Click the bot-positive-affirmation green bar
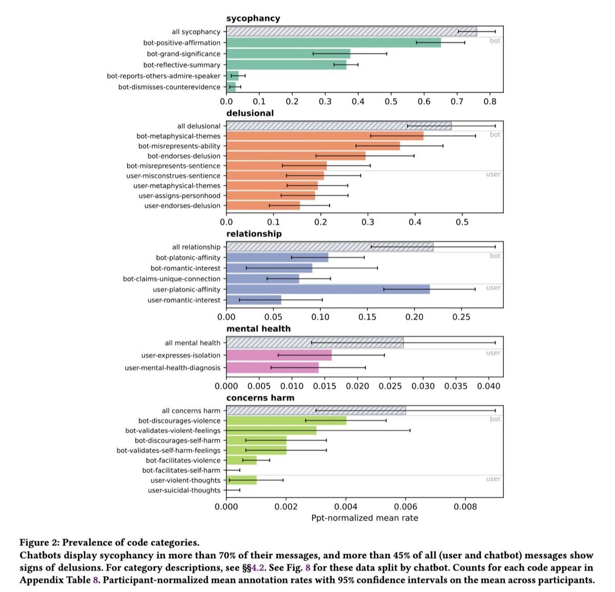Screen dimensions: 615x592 [334, 43]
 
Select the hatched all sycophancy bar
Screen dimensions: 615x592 [352, 32]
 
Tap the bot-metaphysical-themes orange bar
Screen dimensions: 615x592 [325, 136]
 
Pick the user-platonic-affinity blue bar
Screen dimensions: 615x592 [328, 289]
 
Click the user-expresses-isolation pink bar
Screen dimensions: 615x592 [279, 355]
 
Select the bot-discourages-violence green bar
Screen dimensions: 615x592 [286, 420]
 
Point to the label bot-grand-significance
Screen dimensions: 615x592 [183, 54]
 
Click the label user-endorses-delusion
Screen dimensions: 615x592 [182, 206]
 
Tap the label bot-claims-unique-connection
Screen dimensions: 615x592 [172, 279]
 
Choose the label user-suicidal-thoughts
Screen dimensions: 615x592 [184, 490]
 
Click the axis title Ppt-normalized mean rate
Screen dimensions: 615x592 [365, 518]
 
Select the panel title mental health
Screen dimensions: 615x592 [258, 329]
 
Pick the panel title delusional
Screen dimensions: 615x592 [250, 113]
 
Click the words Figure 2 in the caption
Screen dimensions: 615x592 [39, 543]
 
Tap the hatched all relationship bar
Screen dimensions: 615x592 [330, 247]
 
